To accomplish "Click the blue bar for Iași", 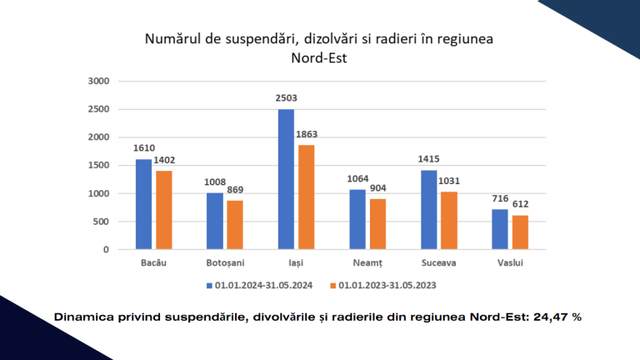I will tap(286, 179).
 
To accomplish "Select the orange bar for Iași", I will tap(306, 197).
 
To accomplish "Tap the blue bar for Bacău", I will tap(143, 204).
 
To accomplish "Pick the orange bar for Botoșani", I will tap(235, 224).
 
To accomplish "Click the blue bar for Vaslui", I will tap(500, 229).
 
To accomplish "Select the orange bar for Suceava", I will tap(449, 220).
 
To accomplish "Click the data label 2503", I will tap(286, 98).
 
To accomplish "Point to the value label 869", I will tap(236, 190).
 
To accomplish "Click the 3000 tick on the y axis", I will tap(98, 82).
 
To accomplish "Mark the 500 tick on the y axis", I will tap(102, 222).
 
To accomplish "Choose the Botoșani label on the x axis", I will tap(225, 263).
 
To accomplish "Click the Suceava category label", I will tap(438, 263).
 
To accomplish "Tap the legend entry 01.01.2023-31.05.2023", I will tap(387, 285).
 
